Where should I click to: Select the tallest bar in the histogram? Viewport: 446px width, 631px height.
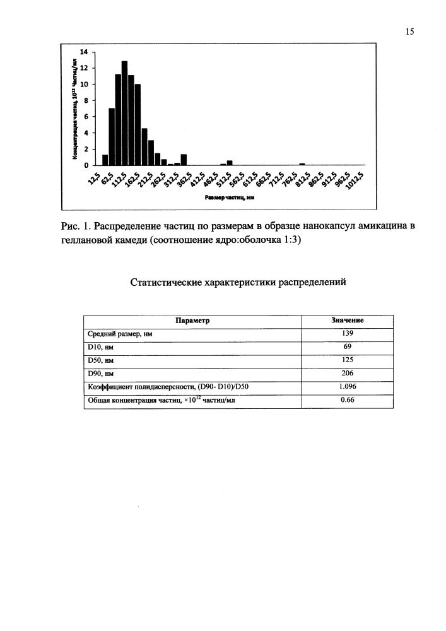[x=125, y=114]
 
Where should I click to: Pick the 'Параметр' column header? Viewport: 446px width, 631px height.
[x=193, y=321]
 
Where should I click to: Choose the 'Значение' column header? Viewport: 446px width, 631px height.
[x=348, y=321]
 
